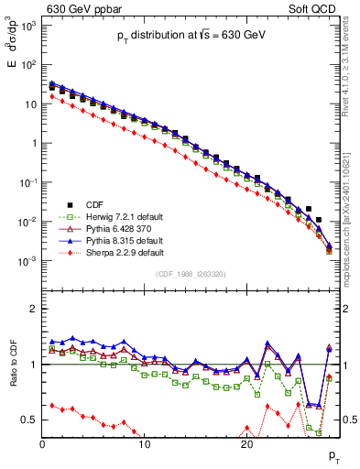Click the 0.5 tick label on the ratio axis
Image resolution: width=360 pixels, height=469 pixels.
coord(29,420)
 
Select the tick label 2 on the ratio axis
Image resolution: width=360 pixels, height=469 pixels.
coord(35,309)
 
